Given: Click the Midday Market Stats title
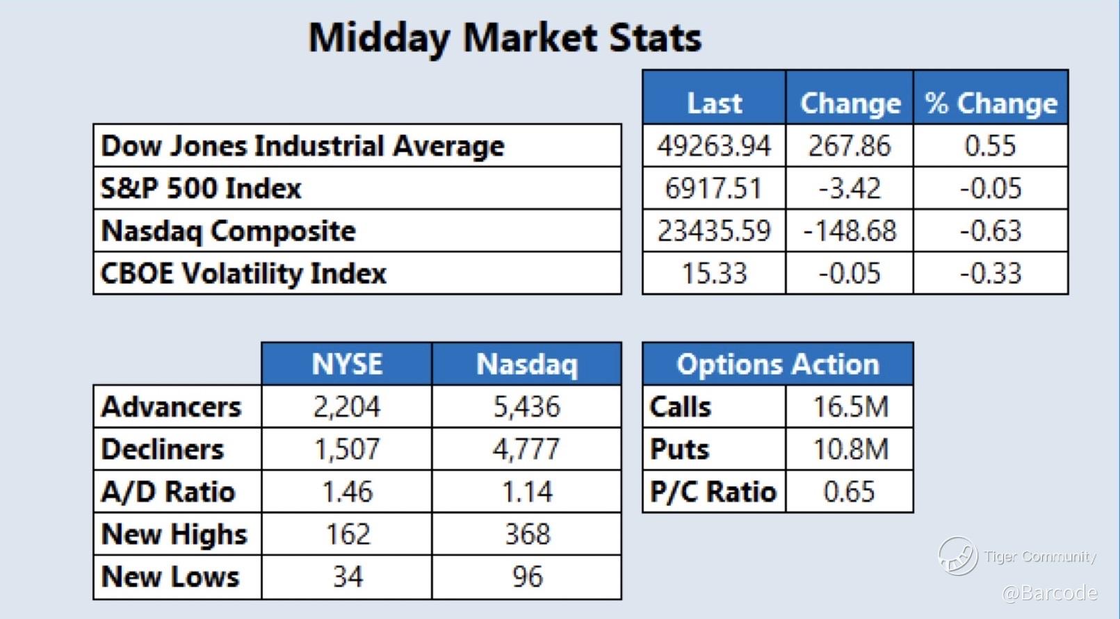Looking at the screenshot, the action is click(x=505, y=38).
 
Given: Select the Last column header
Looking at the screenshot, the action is click(x=714, y=104).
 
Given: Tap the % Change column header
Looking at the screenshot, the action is click(x=991, y=104).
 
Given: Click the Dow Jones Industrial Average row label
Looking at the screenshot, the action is click(x=302, y=146).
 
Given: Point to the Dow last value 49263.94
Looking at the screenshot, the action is click(x=714, y=146).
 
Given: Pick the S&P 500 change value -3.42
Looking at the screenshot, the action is click(x=850, y=188).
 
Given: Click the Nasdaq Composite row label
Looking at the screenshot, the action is click(x=228, y=231).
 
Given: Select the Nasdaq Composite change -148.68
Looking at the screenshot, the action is click(x=850, y=231).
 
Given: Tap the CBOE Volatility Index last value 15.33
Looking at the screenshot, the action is click(x=714, y=273).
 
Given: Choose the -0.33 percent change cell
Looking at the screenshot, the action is click(x=991, y=273).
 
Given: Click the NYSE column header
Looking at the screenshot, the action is click(x=347, y=364).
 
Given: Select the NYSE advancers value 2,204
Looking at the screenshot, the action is click(x=346, y=406).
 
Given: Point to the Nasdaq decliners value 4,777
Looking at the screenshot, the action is click(x=526, y=449).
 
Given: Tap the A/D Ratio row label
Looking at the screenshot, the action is click(x=168, y=492).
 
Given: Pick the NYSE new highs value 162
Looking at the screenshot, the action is click(x=348, y=534).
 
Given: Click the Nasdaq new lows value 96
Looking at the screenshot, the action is click(x=527, y=577).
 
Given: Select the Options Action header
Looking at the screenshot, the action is click(x=778, y=364).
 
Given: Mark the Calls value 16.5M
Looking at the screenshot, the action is click(x=850, y=406).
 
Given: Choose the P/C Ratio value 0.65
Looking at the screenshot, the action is click(x=849, y=492).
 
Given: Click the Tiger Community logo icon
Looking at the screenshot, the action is click(x=957, y=556).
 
